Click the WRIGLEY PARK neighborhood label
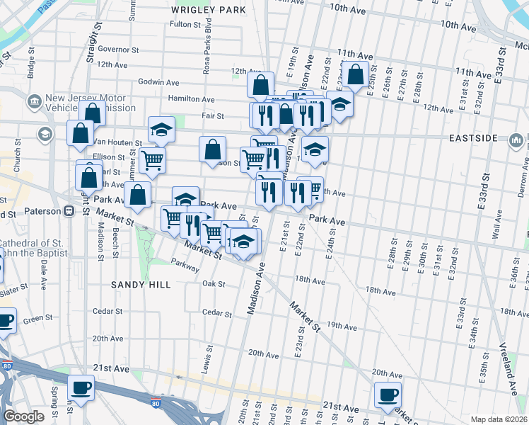209,10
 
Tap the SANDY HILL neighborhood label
141,284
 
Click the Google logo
23,416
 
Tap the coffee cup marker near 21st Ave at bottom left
81,389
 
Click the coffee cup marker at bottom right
387,395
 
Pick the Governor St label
117,50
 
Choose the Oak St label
213,284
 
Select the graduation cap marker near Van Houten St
161,129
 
